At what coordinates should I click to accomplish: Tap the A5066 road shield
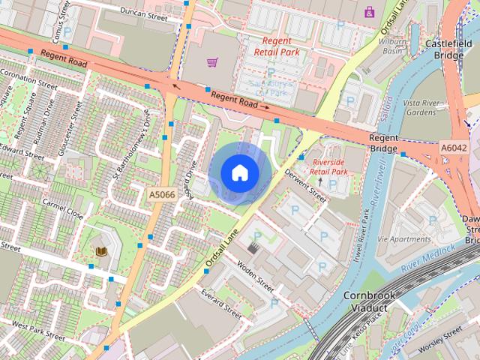(x=161, y=195)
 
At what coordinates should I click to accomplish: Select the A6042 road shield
(x=454, y=148)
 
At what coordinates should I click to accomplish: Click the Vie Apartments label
(x=405, y=239)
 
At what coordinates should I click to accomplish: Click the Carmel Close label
(x=63, y=207)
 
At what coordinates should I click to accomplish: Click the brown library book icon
(x=101, y=250)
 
